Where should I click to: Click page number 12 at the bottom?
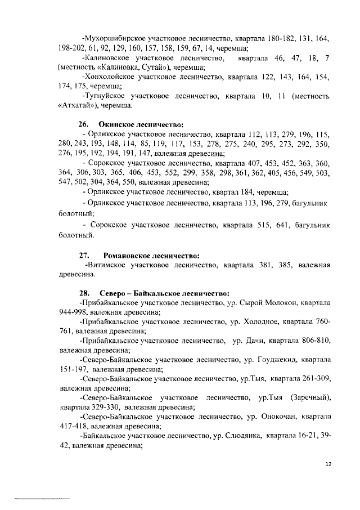click(x=328, y=466)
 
